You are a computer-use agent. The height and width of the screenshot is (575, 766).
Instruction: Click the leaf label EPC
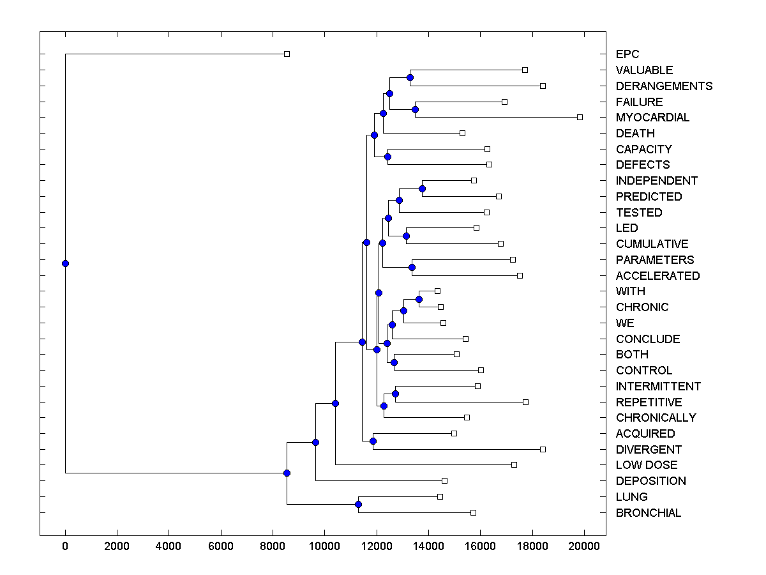coord(627,54)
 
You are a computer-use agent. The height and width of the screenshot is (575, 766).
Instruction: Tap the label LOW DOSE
coord(647,465)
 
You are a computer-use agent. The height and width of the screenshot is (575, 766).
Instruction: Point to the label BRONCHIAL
coord(648,513)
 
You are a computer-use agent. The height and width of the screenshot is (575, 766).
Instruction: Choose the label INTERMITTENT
coord(658,387)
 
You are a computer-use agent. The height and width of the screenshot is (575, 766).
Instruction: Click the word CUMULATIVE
coord(652,244)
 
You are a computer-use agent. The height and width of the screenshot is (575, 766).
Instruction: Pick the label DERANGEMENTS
coord(664,86)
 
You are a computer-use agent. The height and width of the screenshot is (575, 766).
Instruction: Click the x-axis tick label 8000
coord(273,546)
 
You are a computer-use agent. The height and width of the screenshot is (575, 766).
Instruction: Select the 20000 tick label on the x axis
coord(584,546)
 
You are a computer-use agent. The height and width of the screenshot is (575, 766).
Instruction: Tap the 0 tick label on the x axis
coord(65,546)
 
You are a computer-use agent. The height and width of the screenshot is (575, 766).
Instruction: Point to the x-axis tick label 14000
coord(428,546)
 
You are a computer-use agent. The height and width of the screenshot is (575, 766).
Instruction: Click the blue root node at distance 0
coord(65,263)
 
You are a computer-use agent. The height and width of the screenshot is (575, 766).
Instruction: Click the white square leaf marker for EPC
coord(287,54)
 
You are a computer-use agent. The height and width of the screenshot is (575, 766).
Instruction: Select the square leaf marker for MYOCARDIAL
coord(580,117)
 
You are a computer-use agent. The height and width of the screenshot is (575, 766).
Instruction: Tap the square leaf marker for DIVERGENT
coord(543,449)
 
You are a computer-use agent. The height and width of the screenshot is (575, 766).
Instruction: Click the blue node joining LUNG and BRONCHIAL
coord(358,505)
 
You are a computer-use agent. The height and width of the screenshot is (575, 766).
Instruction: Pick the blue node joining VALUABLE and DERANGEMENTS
coord(410,78)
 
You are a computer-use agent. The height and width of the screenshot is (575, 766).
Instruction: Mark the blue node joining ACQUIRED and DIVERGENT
coord(373,441)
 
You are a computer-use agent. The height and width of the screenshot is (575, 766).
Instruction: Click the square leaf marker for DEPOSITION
coord(444,480)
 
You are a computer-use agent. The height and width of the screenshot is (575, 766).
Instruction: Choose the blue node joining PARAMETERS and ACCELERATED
coord(412,268)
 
